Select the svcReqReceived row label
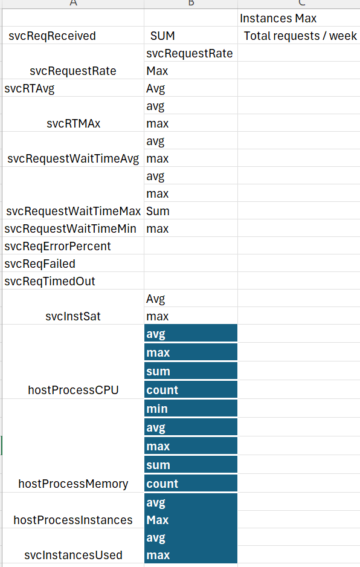pyautogui.click(x=52, y=36)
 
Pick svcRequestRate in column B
pyautogui.click(x=190, y=54)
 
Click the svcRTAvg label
pyautogui.click(x=29, y=89)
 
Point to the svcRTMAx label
pyautogui.click(x=73, y=124)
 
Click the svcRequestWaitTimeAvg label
pyautogui.click(x=73, y=159)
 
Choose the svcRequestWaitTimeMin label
pyautogui.click(x=70, y=229)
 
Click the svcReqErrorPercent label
pyautogui.click(x=57, y=246)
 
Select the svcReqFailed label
pyautogui.click(x=40, y=264)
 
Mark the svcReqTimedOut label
pyautogui.click(x=50, y=281)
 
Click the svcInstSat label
pyautogui.click(x=73, y=316)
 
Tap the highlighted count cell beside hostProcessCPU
pyautogui.click(x=191, y=390)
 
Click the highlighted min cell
pyautogui.click(x=191, y=409)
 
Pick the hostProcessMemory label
pyautogui.click(x=73, y=484)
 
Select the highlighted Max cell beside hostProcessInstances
pyautogui.click(x=191, y=520)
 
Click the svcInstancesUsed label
pyautogui.click(x=73, y=555)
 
